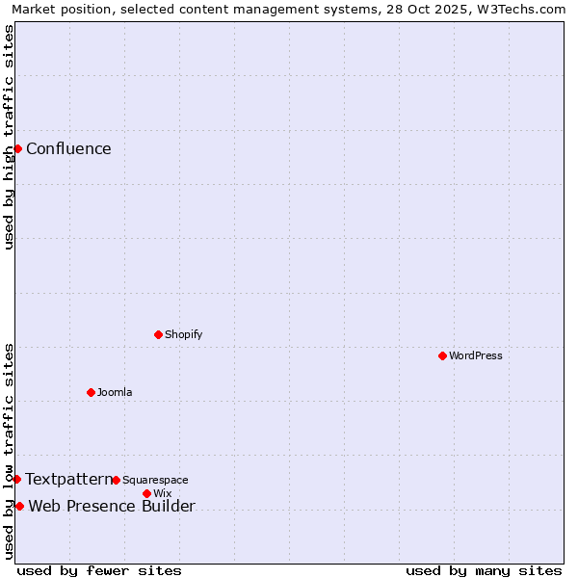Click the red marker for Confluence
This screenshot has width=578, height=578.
tap(17, 148)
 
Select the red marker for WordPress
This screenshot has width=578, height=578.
tap(442, 355)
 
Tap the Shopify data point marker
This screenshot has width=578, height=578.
tap(158, 334)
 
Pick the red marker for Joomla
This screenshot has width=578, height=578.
tap(91, 392)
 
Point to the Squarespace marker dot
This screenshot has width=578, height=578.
tap(116, 480)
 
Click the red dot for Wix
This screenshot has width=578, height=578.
tap(146, 493)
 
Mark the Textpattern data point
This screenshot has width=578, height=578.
tap(16, 479)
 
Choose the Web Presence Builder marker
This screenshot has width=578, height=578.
tap(19, 506)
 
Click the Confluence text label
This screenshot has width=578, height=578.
tap(68, 148)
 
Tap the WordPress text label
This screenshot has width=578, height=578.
tap(476, 355)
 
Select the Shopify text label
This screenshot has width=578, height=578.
tap(183, 334)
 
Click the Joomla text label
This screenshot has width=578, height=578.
tap(115, 392)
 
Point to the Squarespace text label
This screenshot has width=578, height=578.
tap(155, 480)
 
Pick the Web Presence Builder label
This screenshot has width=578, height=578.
tap(112, 507)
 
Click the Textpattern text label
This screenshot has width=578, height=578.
tap(68, 479)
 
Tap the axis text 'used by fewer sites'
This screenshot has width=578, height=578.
tap(99, 570)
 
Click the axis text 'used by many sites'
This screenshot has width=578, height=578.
tap(484, 570)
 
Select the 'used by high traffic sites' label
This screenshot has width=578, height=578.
tap(10, 137)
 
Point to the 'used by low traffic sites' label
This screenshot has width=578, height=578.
tap(10, 451)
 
